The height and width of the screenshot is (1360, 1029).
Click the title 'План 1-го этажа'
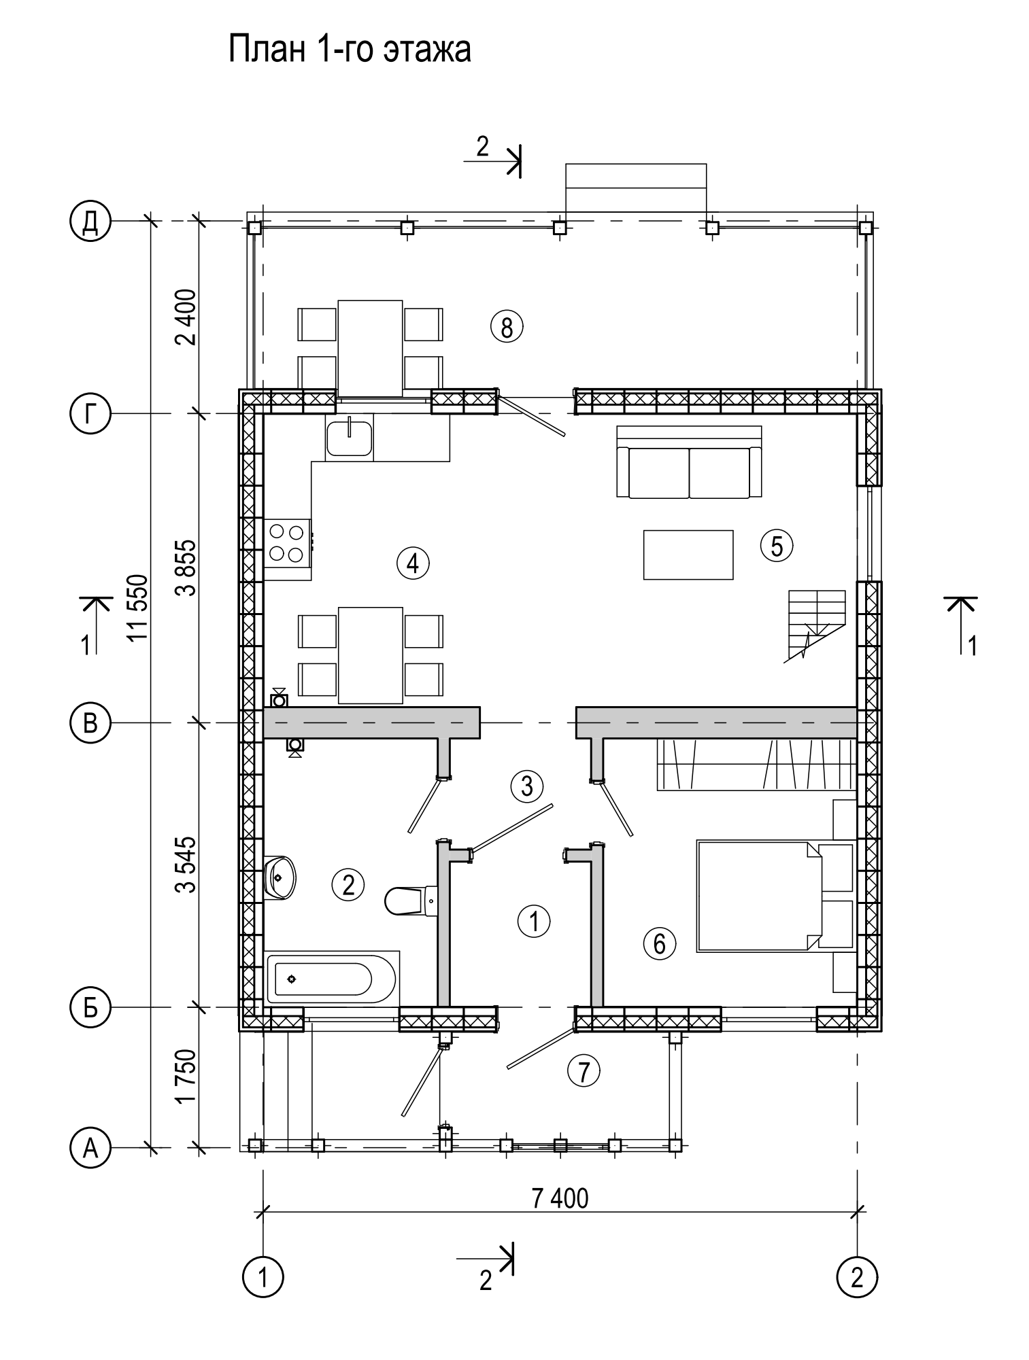click(x=350, y=50)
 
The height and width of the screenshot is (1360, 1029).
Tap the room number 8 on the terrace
click(x=507, y=328)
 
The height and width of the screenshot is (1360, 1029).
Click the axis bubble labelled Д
click(x=90, y=222)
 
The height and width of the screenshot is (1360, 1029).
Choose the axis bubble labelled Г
click(x=90, y=413)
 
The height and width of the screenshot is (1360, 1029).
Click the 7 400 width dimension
click(x=560, y=1198)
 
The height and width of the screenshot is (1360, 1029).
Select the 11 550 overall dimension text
click(x=138, y=608)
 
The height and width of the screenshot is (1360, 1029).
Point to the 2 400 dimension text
click(x=186, y=317)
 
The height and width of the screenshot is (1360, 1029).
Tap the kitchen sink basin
click(x=349, y=438)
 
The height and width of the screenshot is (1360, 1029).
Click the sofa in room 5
click(x=689, y=462)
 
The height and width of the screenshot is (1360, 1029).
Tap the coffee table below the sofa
click(x=688, y=555)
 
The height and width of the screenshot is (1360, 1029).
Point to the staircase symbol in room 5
click(x=815, y=625)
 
